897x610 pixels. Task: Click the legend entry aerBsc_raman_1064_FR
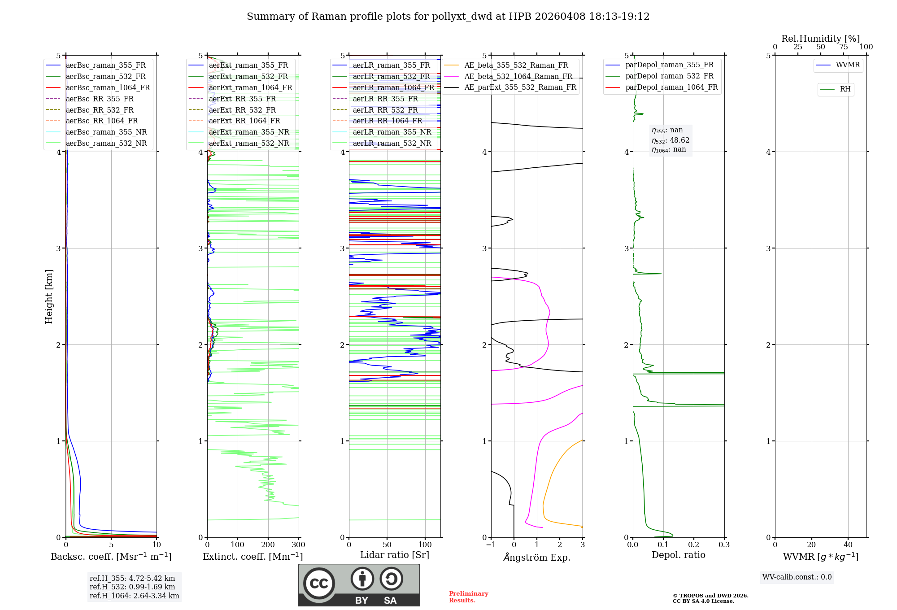click(x=108, y=87)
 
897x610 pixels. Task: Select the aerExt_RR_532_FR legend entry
click(x=242, y=110)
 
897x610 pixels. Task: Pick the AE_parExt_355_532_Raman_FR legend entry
click(x=520, y=87)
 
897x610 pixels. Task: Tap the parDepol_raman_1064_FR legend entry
click(x=671, y=87)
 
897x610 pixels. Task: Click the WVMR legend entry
click(x=848, y=65)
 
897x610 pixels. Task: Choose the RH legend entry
click(x=845, y=89)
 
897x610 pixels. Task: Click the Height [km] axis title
click(x=49, y=296)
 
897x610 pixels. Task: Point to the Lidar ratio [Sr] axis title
click(x=395, y=555)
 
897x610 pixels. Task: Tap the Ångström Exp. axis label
click(x=537, y=558)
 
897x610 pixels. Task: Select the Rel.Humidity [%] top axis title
click(x=820, y=39)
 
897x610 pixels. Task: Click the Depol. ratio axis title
click(x=678, y=555)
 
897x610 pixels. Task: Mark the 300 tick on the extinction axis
click(x=299, y=545)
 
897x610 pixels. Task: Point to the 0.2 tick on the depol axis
click(x=694, y=545)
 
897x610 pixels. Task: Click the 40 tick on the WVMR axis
click(x=848, y=545)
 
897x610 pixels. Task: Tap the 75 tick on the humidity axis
click(x=844, y=47)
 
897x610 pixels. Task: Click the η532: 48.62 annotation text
click(x=671, y=140)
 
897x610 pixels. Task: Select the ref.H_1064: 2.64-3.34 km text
click(x=134, y=596)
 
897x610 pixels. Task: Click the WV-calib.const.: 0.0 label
click(x=797, y=577)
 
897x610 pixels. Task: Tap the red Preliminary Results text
click(x=468, y=597)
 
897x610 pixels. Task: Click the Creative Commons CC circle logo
click(x=319, y=584)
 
